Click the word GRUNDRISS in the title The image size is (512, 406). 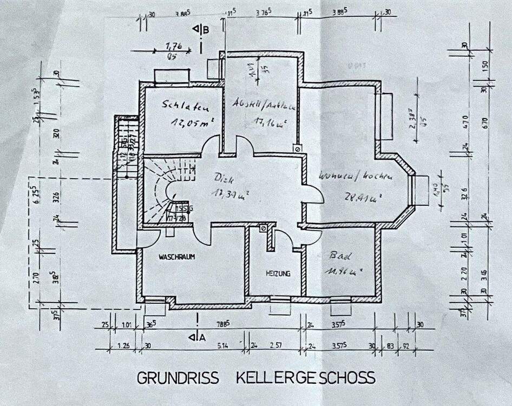click(178, 377)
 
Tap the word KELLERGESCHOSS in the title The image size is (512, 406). click(305, 377)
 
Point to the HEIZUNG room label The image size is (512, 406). click(278, 274)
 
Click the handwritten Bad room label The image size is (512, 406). click(336, 254)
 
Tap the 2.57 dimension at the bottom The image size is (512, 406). click(276, 345)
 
